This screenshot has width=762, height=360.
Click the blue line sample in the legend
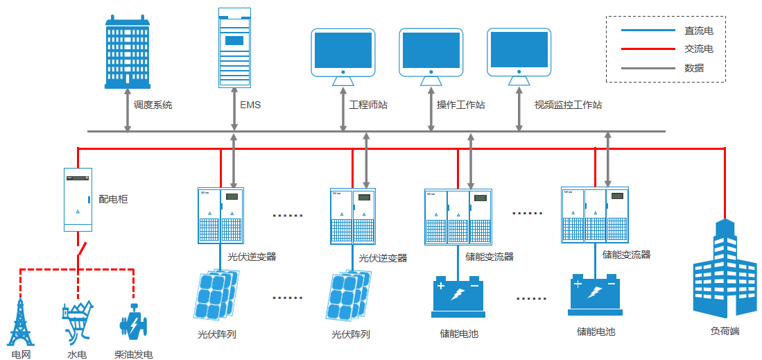[x=648, y=30]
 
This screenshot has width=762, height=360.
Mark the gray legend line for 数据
[x=648, y=68]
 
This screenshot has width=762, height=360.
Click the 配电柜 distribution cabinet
[x=78, y=200]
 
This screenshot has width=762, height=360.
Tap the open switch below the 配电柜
[x=80, y=249]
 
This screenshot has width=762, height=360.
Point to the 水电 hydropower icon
[x=77, y=323]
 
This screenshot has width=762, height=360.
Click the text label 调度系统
[x=153, y=105]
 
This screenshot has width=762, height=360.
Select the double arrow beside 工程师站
[x=343, y=110]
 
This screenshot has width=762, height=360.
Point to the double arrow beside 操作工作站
[x=431, y=110]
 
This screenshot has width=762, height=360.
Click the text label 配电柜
[x=113, y=198]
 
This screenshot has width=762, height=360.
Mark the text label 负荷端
[x=725, y=332]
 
